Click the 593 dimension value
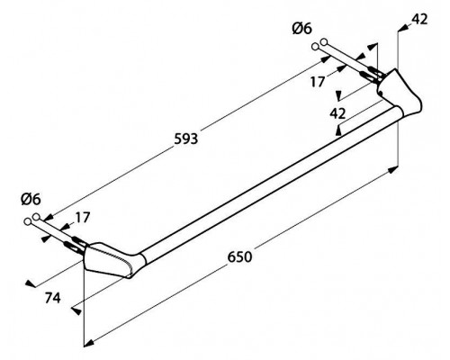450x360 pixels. tap(186, 139)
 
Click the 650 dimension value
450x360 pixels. tap(239, 257)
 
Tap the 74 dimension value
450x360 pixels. tap(53, 298)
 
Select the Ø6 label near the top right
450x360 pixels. tap(301, 29)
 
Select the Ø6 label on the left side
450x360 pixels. tap(31, 199)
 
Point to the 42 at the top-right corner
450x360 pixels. tap(419, 20)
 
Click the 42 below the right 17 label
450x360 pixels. tap(337, 113)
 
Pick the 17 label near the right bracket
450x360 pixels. tap(318, 82)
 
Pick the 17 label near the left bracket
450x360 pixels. tap(82, 218)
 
